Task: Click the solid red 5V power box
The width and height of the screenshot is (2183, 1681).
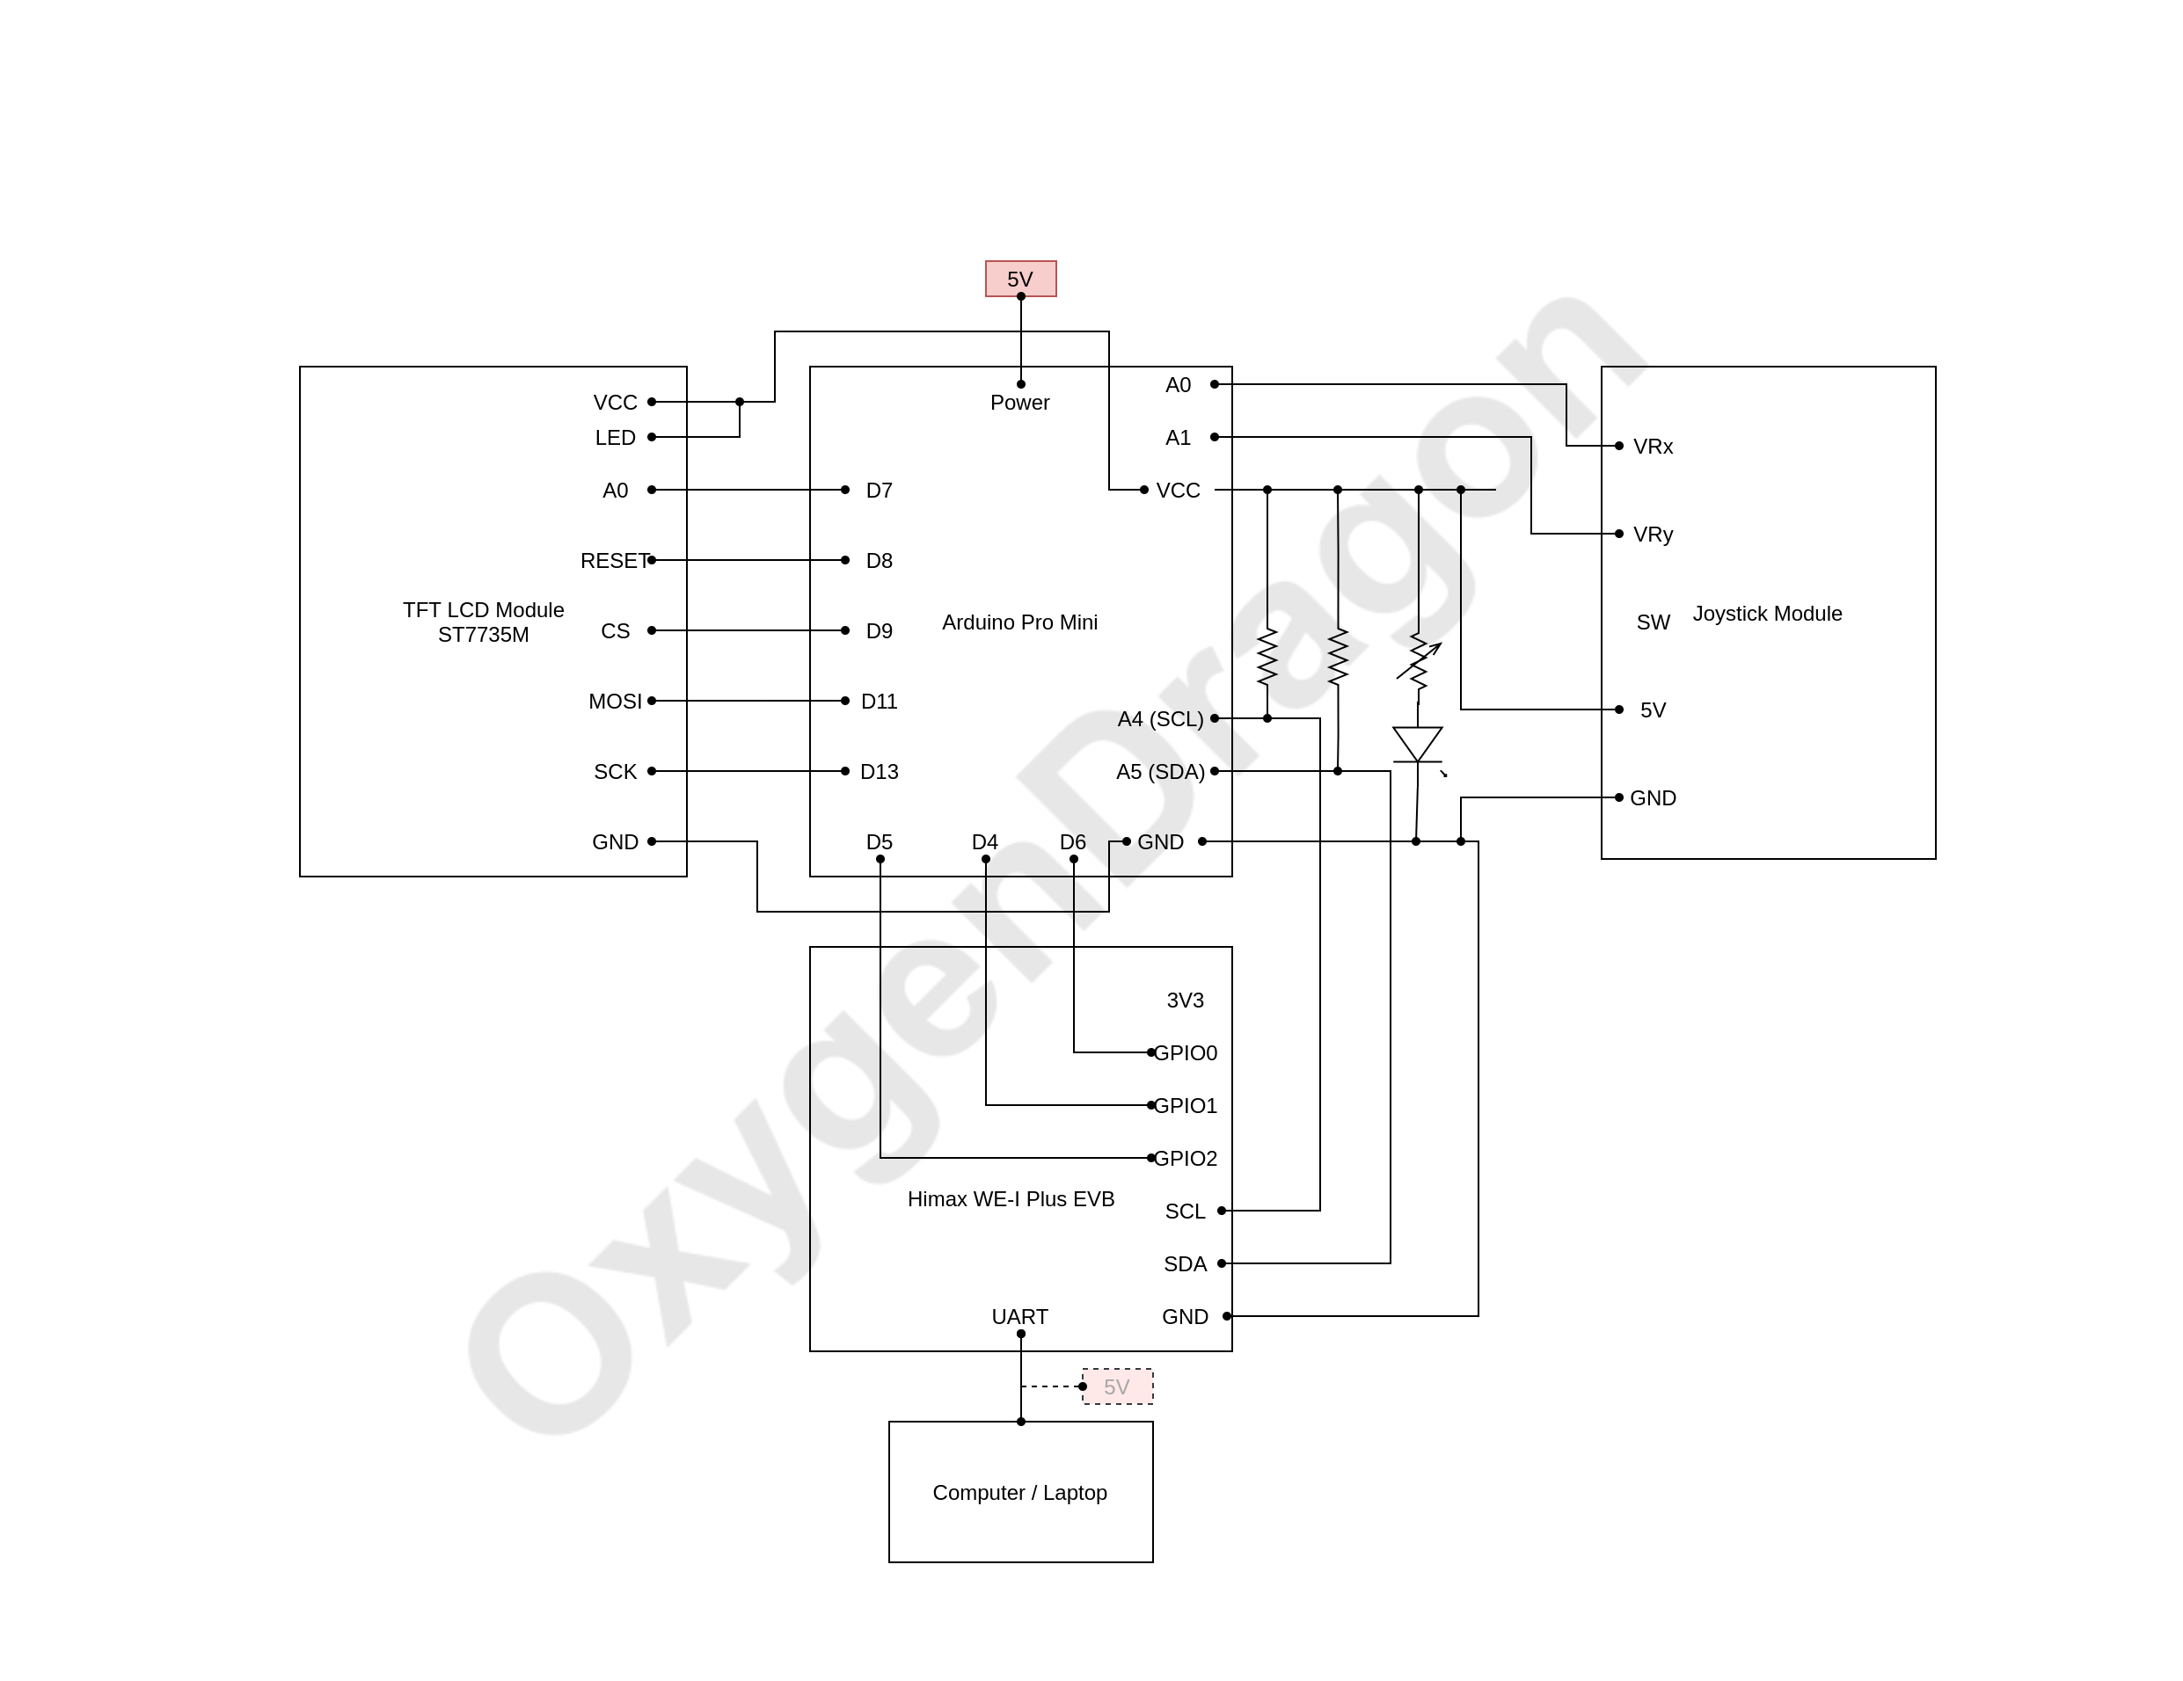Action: (1019, 279)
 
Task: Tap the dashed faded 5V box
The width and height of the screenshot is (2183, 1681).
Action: (1116, 1386)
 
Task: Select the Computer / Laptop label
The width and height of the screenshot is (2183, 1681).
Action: (1019, 1492)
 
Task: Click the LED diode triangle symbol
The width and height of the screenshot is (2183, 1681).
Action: (1416, 744)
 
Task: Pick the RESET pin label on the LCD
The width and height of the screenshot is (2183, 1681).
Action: (614, 561)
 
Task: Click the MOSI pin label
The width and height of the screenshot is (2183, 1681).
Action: (615, 702)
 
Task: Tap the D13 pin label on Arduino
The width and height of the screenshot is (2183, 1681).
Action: (879, 772)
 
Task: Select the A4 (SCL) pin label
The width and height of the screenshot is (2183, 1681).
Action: (1159, 718)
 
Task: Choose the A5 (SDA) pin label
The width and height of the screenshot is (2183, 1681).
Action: (1159, 772)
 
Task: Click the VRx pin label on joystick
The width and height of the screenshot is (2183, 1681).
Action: (1653, 447)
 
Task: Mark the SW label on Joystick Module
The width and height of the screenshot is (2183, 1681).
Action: (1653, 622)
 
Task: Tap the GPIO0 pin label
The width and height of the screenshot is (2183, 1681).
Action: (1186, 1052)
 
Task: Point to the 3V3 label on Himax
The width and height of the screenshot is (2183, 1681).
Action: (1185, 1001)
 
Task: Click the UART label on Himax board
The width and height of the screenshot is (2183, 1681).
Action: (1019, 1316)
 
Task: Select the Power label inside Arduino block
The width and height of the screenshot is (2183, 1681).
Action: (1019, 403)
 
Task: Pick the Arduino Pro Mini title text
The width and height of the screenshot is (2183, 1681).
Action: (1019, 622)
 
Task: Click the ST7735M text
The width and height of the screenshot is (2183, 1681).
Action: (483, 635)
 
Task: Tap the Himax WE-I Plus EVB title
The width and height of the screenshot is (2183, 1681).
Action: (1011, 1199)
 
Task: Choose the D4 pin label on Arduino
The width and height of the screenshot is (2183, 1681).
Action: (984, 842)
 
